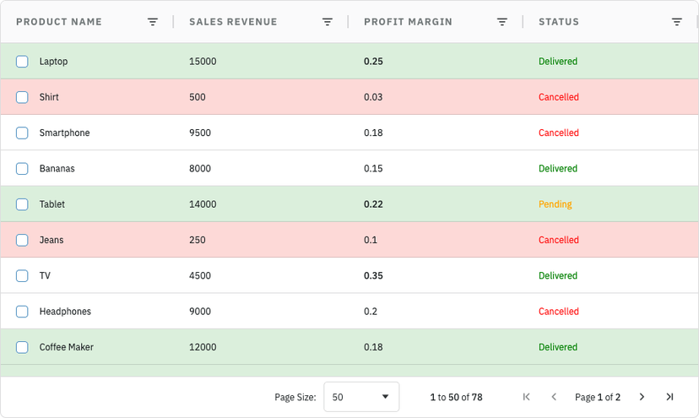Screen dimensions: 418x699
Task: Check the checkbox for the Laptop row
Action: pos(22,62)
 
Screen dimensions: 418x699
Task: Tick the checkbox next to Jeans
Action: pos(22,241)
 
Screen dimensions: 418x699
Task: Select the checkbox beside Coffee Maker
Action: pos(22,348)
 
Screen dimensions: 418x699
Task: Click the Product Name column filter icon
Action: pos(153,22)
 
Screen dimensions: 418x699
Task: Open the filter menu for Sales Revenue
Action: pos(328,22)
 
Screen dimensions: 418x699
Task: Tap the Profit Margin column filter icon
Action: pos(502,22)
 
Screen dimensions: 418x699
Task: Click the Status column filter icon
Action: pos(677,22)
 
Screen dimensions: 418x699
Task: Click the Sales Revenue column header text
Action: pos(233,22)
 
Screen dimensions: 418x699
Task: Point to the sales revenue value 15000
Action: pos(203,62)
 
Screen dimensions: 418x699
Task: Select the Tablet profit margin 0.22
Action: pos(373,204)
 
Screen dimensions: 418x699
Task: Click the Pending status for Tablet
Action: pos(555,204)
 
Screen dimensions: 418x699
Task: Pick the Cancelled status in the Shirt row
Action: pos(559,97)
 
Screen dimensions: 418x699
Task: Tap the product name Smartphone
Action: pos(64,133)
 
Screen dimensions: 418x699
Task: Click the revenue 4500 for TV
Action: pos(200,276)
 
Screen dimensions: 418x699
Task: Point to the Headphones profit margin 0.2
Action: pos(371,312)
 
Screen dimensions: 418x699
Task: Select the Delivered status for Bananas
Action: pos(558,169)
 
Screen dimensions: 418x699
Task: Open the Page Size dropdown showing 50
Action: pos(361,397)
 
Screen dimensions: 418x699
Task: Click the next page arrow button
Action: pos(642,397)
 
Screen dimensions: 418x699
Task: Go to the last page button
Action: pos(669,397)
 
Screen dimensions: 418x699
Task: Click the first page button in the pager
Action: pos(527,397)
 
